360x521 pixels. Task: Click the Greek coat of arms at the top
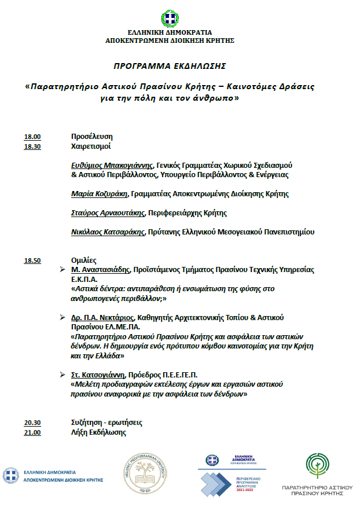170,19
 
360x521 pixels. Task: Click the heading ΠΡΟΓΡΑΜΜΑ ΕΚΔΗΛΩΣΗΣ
169,65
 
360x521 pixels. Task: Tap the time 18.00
32,137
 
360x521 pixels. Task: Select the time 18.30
32,147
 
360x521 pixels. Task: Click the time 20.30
32,423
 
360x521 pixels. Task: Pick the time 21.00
32,432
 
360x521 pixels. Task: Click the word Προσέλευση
91,137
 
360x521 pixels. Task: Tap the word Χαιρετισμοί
91,147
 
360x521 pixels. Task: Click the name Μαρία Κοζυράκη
97,194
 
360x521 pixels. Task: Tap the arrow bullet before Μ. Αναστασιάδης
63,270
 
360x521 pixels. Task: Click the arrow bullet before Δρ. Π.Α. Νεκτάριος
63,318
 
